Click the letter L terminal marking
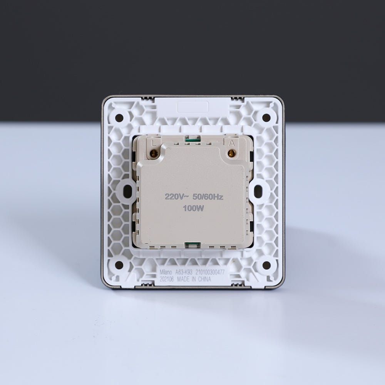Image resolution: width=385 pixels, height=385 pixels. (154, 143)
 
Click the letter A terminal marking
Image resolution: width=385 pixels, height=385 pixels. (231, 143)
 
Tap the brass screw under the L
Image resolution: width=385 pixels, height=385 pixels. (154, 154)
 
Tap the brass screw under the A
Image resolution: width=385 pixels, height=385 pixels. (231, 154)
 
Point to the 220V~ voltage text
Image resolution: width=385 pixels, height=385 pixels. (177, 197)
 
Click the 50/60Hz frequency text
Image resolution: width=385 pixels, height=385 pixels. (208, 197)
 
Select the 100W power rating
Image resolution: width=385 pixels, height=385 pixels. (194, 208)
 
